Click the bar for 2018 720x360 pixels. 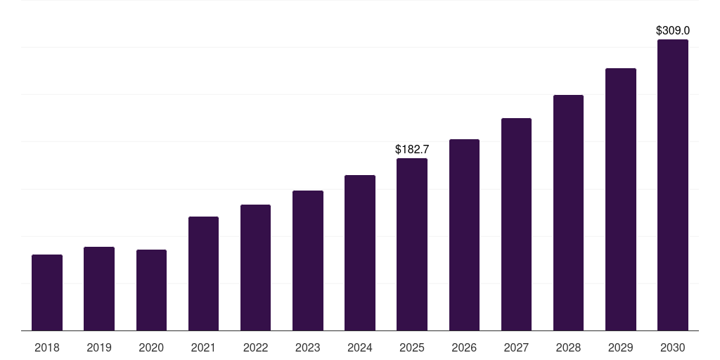(x=47, y=292)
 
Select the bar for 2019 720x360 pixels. (x=99, y=288)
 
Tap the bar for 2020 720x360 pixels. (x=151, y=290)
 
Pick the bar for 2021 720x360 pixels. (x=203, y=274)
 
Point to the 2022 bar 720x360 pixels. (x=255, y=267)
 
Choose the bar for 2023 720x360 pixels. (x=308, y=260)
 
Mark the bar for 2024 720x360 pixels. (x=360, y=252)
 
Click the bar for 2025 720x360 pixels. (x=412, y=244)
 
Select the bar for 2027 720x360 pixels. (x=516, y=224)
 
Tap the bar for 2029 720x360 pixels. (x=621, y=199)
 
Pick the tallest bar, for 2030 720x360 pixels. (x=673, y=185)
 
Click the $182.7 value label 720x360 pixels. (x=412, y=149)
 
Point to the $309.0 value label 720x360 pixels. (x=673, y=31)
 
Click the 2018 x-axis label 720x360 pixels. (x=47, y=347)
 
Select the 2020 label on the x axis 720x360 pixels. (x=151, y=347)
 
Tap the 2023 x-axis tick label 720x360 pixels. (x=308, y=347)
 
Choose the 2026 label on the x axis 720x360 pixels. (x=464, y=347)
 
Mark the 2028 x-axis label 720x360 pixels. (x=568, y=347)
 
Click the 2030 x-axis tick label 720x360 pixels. (x=673, y=347)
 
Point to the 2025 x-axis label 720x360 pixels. (x=412, y=347)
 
